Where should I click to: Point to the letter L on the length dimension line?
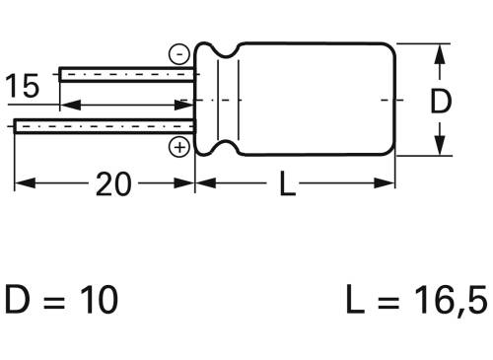point(286,184)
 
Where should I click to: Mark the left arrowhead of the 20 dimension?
point(22,183)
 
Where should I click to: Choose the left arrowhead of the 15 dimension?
point(67,104)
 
